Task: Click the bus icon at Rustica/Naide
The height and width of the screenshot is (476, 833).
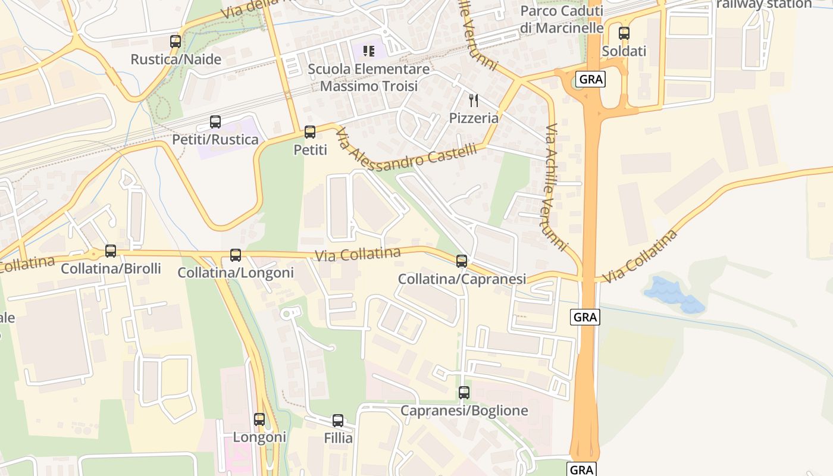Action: click(x=176, y=42)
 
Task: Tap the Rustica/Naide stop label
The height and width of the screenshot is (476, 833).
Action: click(x=176, y=59)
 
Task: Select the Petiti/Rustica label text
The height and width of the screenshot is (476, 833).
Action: click(x=215, y=140)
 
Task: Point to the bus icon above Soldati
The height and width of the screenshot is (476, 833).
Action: click(x=624, y=33)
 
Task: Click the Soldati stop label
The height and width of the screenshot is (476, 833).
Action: click(x=624, y=51)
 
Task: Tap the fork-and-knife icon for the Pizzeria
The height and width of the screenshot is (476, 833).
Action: click(x=474, y=100)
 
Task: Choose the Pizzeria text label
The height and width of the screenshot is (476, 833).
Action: click(x=474, y=118)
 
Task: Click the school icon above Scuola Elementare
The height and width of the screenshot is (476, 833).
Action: click(x=369, y=51)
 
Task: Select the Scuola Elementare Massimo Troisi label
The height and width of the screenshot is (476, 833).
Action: click(x=369, y=77)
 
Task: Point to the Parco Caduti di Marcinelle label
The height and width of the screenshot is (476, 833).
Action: click(x=562, y=20)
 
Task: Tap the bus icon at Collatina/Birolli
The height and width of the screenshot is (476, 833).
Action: click(x=111, y=251)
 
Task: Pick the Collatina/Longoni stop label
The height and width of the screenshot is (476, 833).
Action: click(x=236, y=273)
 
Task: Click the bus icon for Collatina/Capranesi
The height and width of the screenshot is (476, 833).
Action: click(x=462, y=261)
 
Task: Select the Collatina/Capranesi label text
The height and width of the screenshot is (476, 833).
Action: click(x=462, y=278)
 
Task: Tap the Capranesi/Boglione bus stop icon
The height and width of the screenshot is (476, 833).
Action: click(x=464, y=393)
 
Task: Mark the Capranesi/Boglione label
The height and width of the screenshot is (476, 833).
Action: click(x=464, y=411)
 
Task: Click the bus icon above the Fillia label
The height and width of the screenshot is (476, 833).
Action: click(x=338, y=421)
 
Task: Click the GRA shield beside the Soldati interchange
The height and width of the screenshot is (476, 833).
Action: click(x=590, y=79)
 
